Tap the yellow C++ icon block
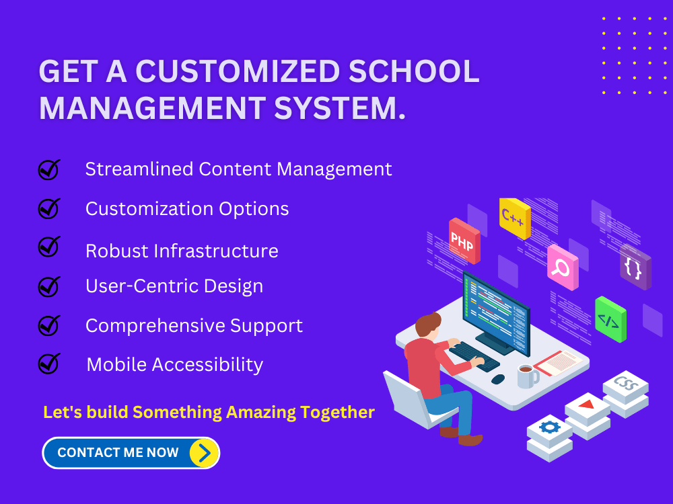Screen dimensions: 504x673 point(515,218)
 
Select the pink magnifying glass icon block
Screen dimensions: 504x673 point(562,267)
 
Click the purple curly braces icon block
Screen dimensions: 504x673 point(635,267)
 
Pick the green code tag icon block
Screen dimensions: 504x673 point(610,320)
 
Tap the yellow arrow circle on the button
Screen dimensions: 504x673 point(204,453)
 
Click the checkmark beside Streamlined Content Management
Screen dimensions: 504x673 point(48,170)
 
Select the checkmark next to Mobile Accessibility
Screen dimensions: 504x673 point(48,364)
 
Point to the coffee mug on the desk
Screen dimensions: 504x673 point(526,376)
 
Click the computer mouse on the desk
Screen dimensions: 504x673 point(498,379)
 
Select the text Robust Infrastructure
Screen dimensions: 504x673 point(182,251)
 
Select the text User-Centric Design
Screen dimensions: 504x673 point(174,286)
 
